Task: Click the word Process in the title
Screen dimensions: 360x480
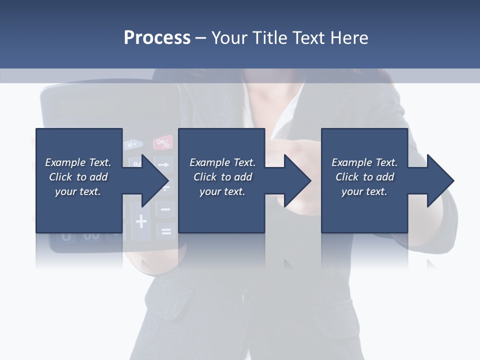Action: point(157,38)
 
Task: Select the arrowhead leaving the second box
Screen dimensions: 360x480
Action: point(296,180)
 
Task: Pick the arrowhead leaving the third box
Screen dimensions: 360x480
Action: point(439,180)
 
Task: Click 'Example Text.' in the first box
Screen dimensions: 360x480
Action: point(78,162)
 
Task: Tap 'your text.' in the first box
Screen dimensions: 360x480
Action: point(78,191)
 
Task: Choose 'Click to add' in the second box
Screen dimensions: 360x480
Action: point(222,177)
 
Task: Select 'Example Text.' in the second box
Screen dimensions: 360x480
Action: point(222,162)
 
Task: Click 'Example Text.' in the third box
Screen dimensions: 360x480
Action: point(364,162)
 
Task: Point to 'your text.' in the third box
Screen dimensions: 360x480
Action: point(364,191)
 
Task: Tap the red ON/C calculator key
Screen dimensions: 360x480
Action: point(163,143)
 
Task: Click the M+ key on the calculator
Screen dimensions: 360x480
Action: point(132,145)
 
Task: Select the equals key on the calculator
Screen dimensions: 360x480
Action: point(166,231)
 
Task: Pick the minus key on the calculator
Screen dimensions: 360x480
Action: point(165,209)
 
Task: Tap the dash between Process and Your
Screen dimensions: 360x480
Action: point(201,38)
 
